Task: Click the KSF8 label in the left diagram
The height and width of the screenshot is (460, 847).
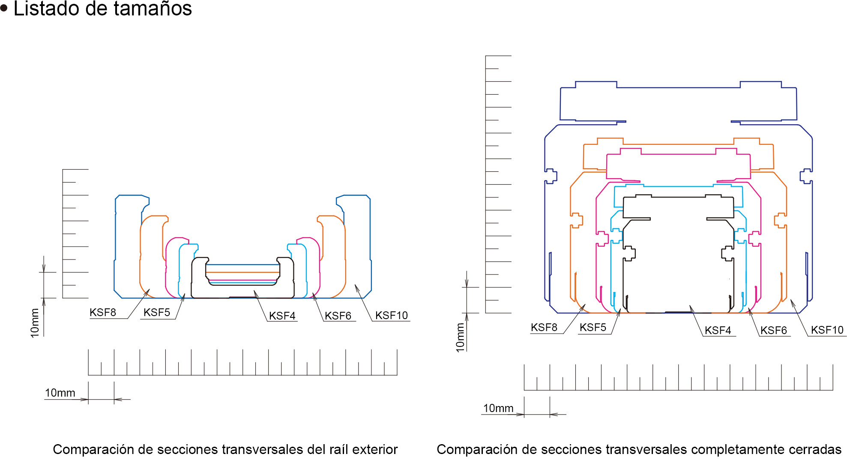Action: click(103, 313)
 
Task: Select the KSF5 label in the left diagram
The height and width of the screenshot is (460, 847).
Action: click(157, 313)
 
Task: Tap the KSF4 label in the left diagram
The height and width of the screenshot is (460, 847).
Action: click(282, 316)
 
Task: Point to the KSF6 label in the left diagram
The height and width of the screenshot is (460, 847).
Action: click(338, 316)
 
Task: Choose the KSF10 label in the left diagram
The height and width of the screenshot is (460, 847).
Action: click(392, 316)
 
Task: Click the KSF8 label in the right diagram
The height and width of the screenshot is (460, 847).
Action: click(544, 328)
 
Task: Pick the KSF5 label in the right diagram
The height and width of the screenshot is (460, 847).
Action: click(593, 328)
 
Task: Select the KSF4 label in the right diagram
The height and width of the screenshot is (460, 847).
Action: click(718, 331)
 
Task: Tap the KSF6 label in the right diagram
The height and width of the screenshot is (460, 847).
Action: click(774, 331)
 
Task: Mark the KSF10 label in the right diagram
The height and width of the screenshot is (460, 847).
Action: click(827, 330)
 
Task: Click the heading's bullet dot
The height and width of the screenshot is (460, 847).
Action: click(4, 9)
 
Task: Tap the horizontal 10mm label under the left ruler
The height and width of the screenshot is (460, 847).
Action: click(60, 393)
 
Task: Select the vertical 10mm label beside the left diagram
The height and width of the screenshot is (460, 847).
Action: click(35, 323)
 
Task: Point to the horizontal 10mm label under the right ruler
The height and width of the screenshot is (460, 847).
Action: click(498, 409)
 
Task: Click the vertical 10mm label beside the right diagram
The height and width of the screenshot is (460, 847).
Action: click(460, 338)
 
